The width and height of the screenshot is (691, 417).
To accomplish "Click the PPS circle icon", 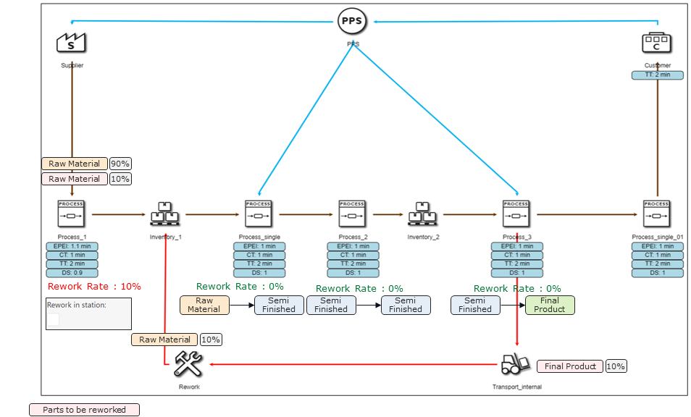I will pos(352,22).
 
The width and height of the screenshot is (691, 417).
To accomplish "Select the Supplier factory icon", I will pos(71,42).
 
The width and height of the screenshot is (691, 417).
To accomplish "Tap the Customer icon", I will pos(656,42).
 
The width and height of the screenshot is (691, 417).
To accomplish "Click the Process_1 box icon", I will pos(71,214).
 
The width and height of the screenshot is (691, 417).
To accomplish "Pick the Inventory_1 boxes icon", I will pos(166,214).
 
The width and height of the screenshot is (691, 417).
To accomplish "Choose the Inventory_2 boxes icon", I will pos(423,214).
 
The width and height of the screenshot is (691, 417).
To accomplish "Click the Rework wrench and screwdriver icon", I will pos(188,364).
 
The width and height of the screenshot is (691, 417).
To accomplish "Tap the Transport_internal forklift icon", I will pos(515,363).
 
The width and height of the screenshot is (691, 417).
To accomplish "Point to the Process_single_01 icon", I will pos(656,214).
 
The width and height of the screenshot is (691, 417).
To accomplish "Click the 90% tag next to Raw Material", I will pos(120,164).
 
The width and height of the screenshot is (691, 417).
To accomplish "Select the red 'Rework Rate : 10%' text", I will pos(94,287).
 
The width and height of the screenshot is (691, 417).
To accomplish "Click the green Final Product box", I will pos(550,305).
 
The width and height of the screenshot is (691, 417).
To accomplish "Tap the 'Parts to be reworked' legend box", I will pos(84,410).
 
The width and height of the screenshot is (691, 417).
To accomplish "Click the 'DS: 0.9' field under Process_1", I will pos(72,273).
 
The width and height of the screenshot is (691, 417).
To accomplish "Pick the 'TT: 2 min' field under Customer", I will pos(657,75).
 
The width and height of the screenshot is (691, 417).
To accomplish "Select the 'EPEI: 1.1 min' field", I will pos(72,246).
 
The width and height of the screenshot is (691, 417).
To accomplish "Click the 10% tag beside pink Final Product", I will pos(616,366).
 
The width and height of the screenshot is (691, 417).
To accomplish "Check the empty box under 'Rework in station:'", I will pos(54,319).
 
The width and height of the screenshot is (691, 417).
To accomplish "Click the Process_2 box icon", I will pos(352,214).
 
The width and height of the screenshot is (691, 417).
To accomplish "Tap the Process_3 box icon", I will pos(516,214).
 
